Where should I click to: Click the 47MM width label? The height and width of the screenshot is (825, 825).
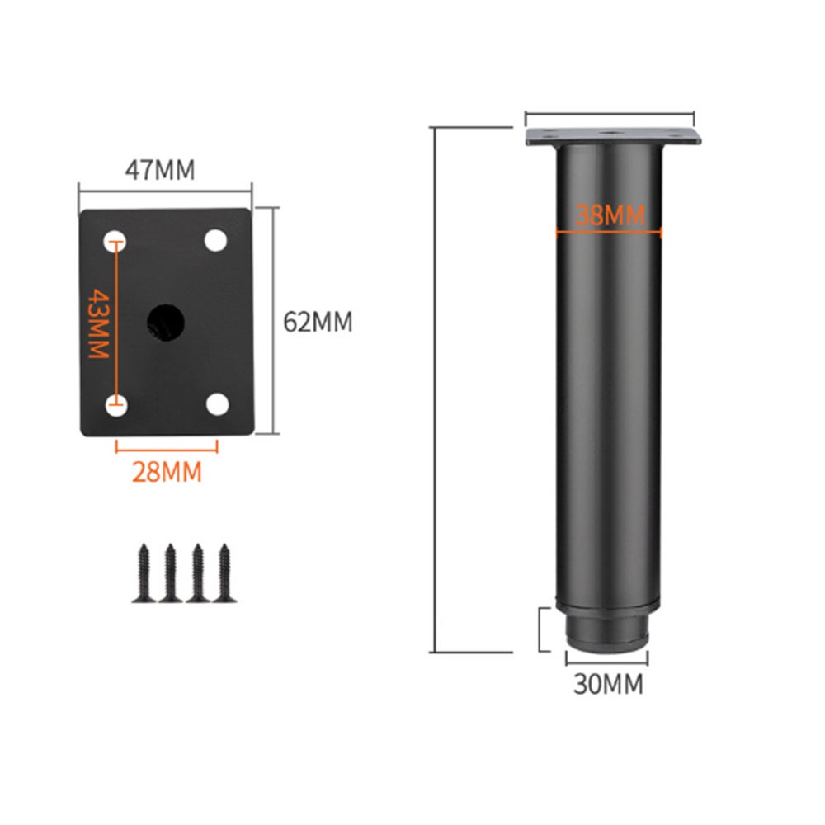[159, 170]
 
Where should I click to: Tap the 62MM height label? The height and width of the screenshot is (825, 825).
[318, 322]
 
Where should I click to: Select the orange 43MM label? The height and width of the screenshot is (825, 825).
[98, 323]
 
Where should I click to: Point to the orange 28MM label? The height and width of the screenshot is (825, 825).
[167, 472]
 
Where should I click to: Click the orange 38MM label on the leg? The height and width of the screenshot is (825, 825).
[610, 215]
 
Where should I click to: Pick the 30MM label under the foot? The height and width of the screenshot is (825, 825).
[608, 685]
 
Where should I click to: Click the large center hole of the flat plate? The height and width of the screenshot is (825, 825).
[165, 322]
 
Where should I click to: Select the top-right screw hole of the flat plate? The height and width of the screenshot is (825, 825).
[215, 240]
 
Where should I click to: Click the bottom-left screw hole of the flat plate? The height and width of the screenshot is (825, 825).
[116, 405]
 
